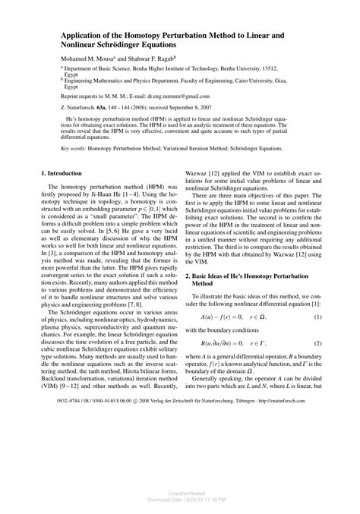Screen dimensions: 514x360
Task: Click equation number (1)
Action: click(314, 337)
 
